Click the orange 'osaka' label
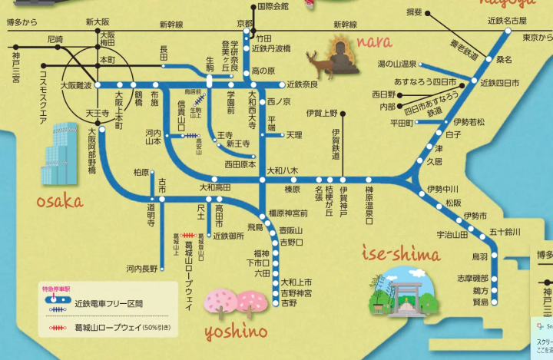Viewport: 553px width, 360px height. tap(59, 201)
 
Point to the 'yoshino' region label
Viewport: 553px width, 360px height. tap(236, 332)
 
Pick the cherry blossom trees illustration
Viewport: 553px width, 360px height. tap(234, 303)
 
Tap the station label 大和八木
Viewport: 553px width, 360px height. tap(281, 170)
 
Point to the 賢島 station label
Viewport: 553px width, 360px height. tap(480, 302)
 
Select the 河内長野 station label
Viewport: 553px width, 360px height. tap(142, 269)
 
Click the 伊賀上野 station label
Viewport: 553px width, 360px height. tap(321, 114)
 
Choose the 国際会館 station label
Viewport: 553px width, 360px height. tap(273, 6)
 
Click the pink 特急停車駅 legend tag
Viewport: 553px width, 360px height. tap(56, 289)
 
